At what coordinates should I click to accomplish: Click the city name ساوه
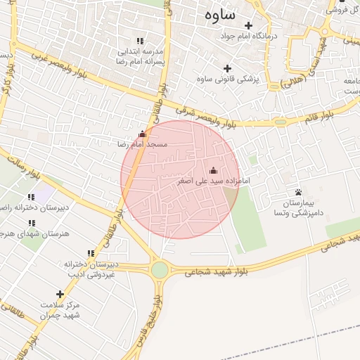[x=220, y=14]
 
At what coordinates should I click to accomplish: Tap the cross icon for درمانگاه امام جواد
[x=248, y=25]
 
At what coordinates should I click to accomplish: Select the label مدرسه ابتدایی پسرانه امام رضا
[x=140, y=56]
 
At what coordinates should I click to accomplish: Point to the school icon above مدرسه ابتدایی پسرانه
[x=140, y=41]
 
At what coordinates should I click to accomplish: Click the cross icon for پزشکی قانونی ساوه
[x=226, y=69]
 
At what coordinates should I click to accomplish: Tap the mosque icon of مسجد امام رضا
[x=143, y=134]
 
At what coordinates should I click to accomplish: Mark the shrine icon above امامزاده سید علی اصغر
[x=214, y=170]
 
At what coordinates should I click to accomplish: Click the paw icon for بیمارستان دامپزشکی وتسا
[x=299, y=192]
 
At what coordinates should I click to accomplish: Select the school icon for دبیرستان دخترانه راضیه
[x=30, y=198]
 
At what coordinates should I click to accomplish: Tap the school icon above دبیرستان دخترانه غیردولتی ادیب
[x=90, y=253]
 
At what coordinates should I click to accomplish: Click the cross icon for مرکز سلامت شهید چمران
[x=60, y=294]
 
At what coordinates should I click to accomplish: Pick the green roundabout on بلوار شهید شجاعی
[x=160, y=270]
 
